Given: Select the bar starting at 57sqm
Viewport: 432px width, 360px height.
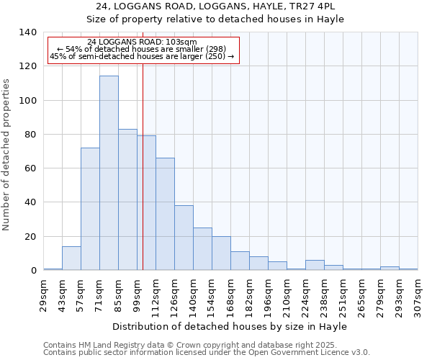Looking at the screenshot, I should tap(90, 209).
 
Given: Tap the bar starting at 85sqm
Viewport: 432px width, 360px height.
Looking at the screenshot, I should tap(127, 199).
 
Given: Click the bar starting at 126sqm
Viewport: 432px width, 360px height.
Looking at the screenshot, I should tap(184, 238).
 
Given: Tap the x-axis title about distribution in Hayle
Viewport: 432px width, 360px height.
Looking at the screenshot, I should tap(230, 327).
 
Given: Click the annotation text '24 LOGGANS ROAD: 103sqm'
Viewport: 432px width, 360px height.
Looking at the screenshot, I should tap(142, 42).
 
